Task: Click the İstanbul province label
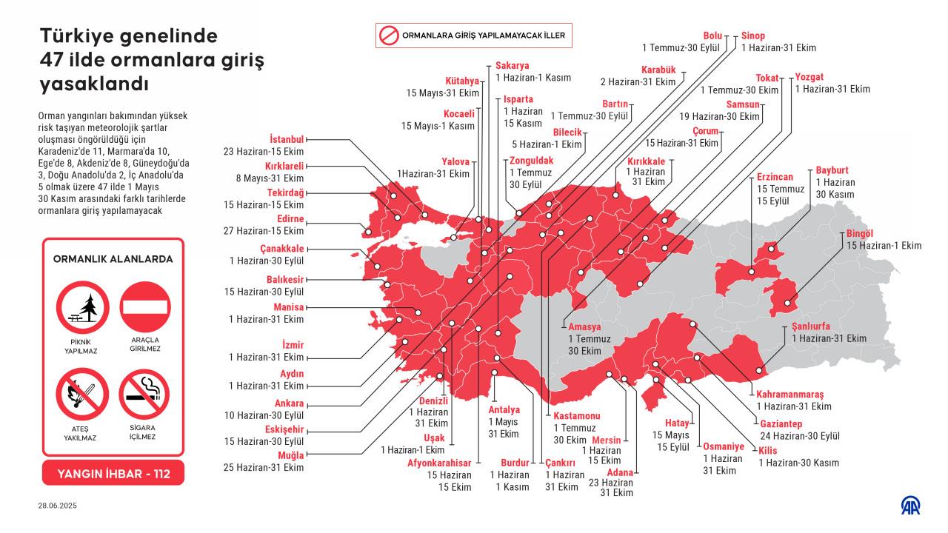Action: pyautogui.click(x=287, y=138)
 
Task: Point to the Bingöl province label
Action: pyautogui.click(x=860, y=233)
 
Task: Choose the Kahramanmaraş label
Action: pyautogui.click(x=790, y=394)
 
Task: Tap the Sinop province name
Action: pyautogui.click(x=753, y=36)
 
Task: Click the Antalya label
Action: pyautogui.click(x=504, y=409)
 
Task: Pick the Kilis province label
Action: pyautogui.click(x=767, y=450)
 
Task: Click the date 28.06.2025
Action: pyautogui.click(x=58, y=506)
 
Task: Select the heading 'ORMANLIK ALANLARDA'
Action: pyautogui.click(x=113, y=259)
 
